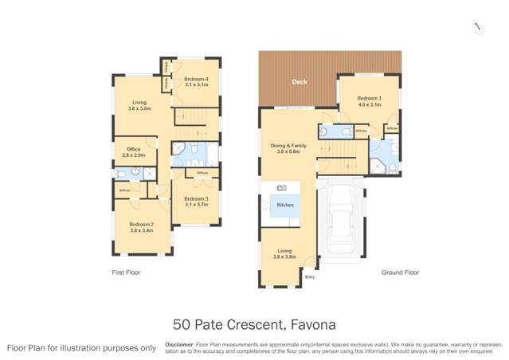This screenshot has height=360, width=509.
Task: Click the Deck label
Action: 300,81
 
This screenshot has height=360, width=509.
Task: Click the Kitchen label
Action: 285,205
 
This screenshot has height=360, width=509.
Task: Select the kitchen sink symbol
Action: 281,188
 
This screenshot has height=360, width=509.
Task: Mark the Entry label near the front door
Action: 310,277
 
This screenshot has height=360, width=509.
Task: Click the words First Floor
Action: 127,272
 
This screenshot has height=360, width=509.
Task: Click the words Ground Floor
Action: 400,272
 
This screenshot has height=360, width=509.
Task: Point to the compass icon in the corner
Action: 478,28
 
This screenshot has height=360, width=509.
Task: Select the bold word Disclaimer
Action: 180,345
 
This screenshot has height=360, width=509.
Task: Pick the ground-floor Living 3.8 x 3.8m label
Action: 284,254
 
